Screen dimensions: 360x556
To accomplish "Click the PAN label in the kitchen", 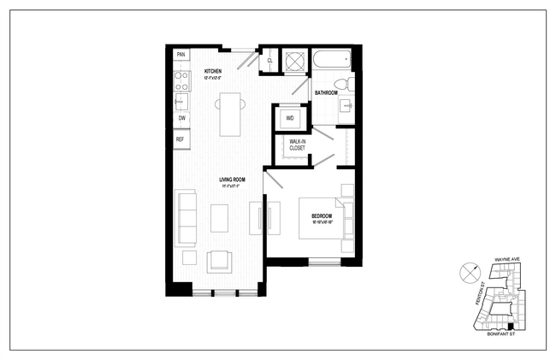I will (181, 56).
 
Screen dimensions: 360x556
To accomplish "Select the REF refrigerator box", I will (180, 139).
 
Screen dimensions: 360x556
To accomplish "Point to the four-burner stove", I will (181, 80).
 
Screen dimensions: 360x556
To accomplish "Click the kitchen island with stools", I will (229, 114).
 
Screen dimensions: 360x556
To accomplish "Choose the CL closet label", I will (270, 61).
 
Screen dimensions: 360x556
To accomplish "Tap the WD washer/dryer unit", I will (290, 118).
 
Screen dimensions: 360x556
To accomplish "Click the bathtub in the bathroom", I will (330, 61).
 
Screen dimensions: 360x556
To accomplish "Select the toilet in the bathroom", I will (341, 84).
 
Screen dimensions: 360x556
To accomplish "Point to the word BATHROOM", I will (326, 92).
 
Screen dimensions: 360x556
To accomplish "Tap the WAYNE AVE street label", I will (507, 259).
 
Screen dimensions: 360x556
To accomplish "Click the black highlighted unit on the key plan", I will (511, 326).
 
